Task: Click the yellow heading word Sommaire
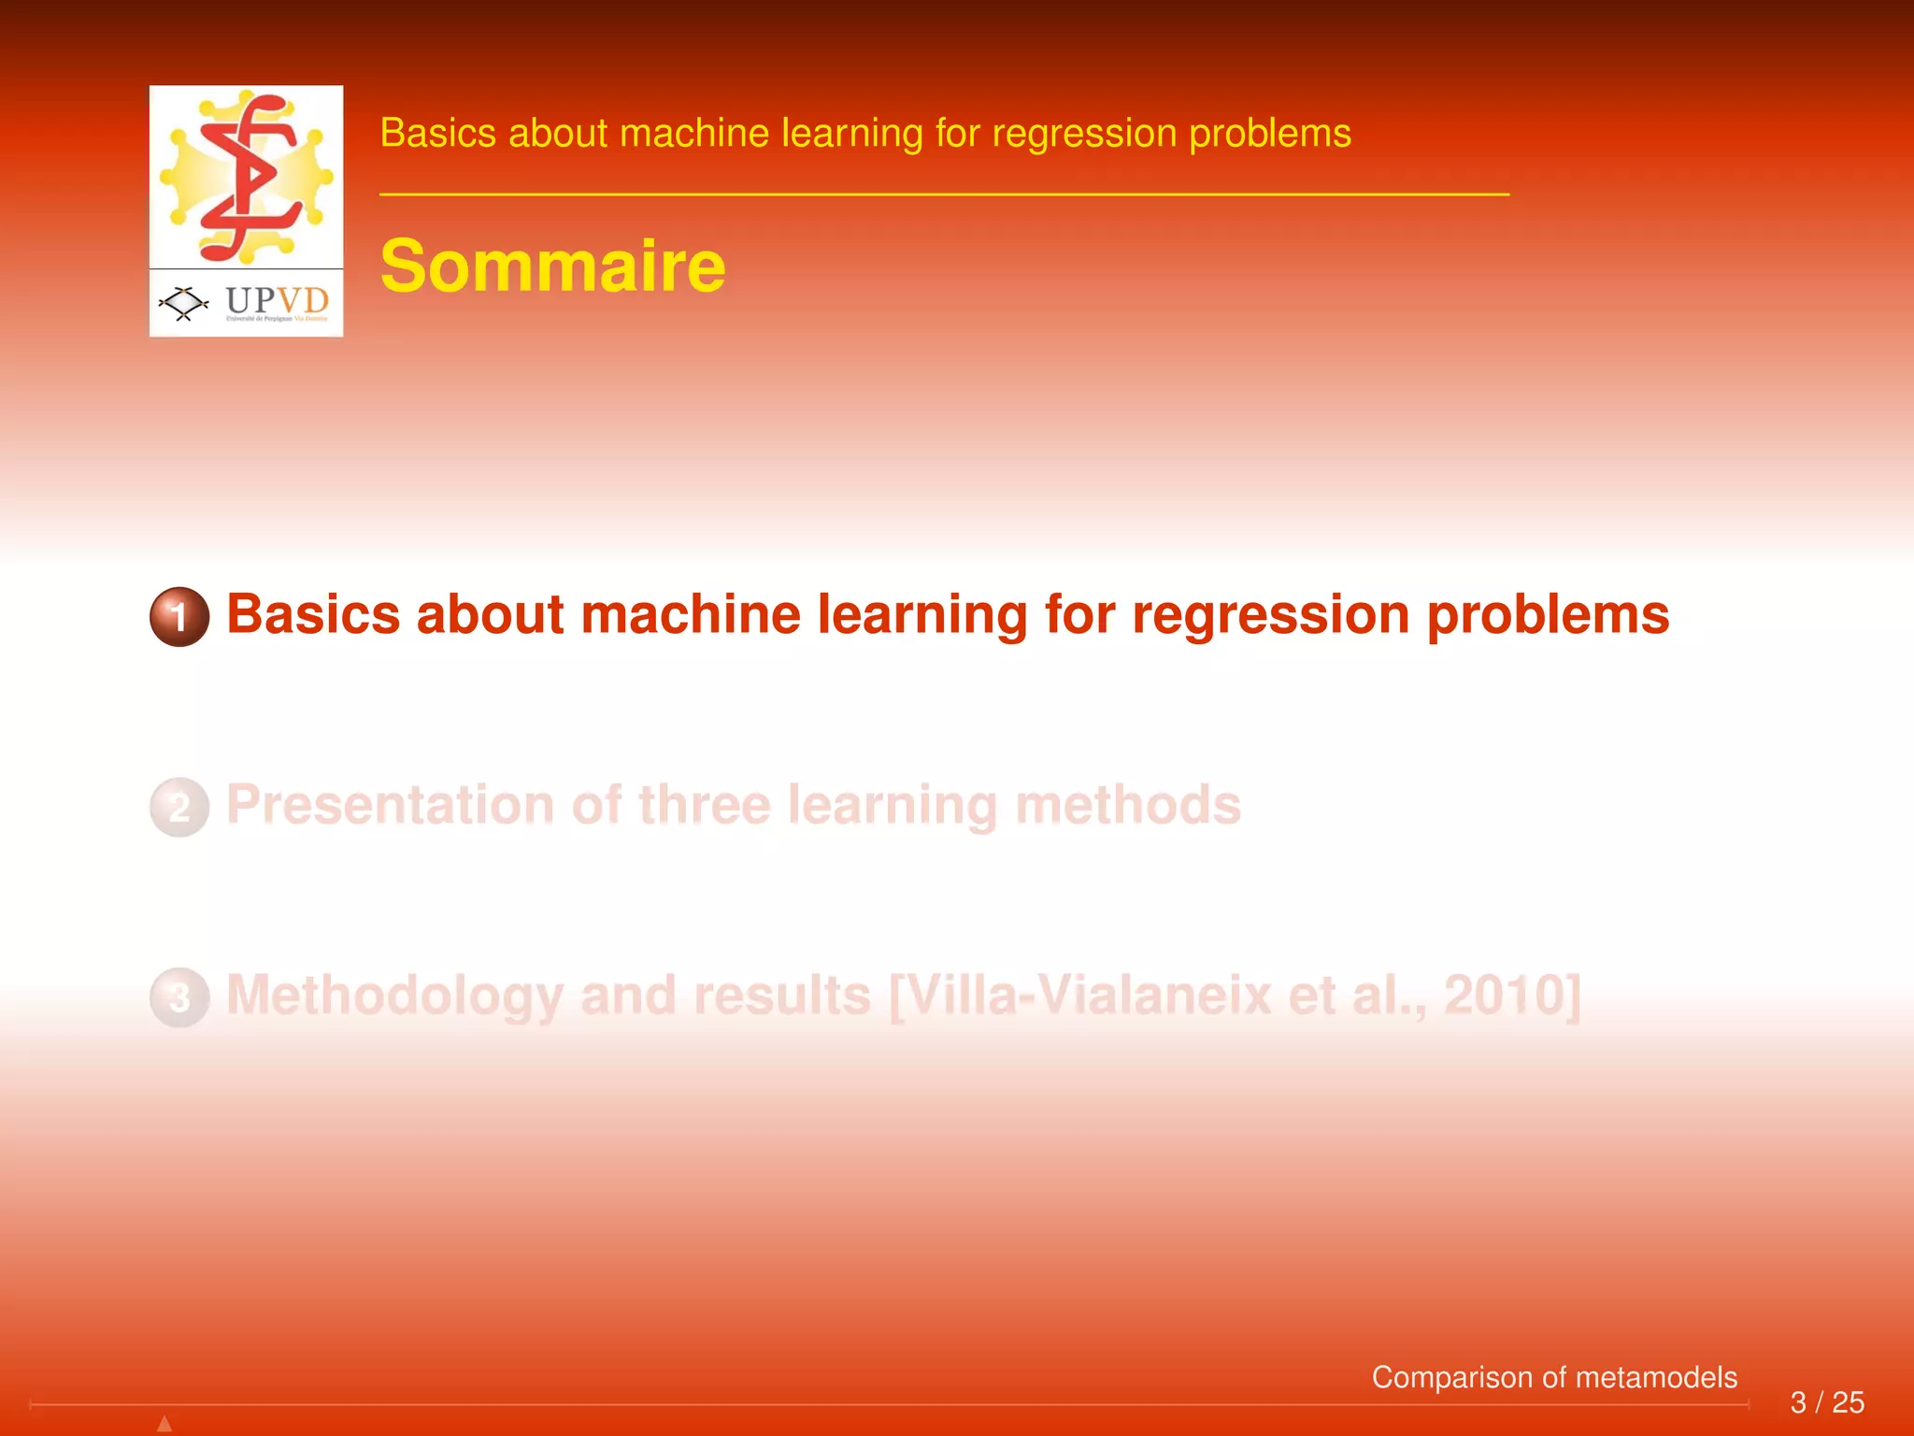pos(552,266)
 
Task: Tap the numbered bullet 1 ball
pos(179,616)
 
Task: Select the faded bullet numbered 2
pos(179,807)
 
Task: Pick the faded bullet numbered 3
pos(179,998)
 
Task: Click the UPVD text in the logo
pos(278,301)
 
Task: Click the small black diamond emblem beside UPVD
pos(183,303)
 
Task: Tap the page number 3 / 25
pos(1827,1402)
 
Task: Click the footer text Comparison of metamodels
pos(1554,1377)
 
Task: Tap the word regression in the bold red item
pos(1270,616)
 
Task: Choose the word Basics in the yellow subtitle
pos(437,133)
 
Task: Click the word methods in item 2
pos(1128,805)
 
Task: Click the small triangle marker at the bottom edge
pos(164,1424)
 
